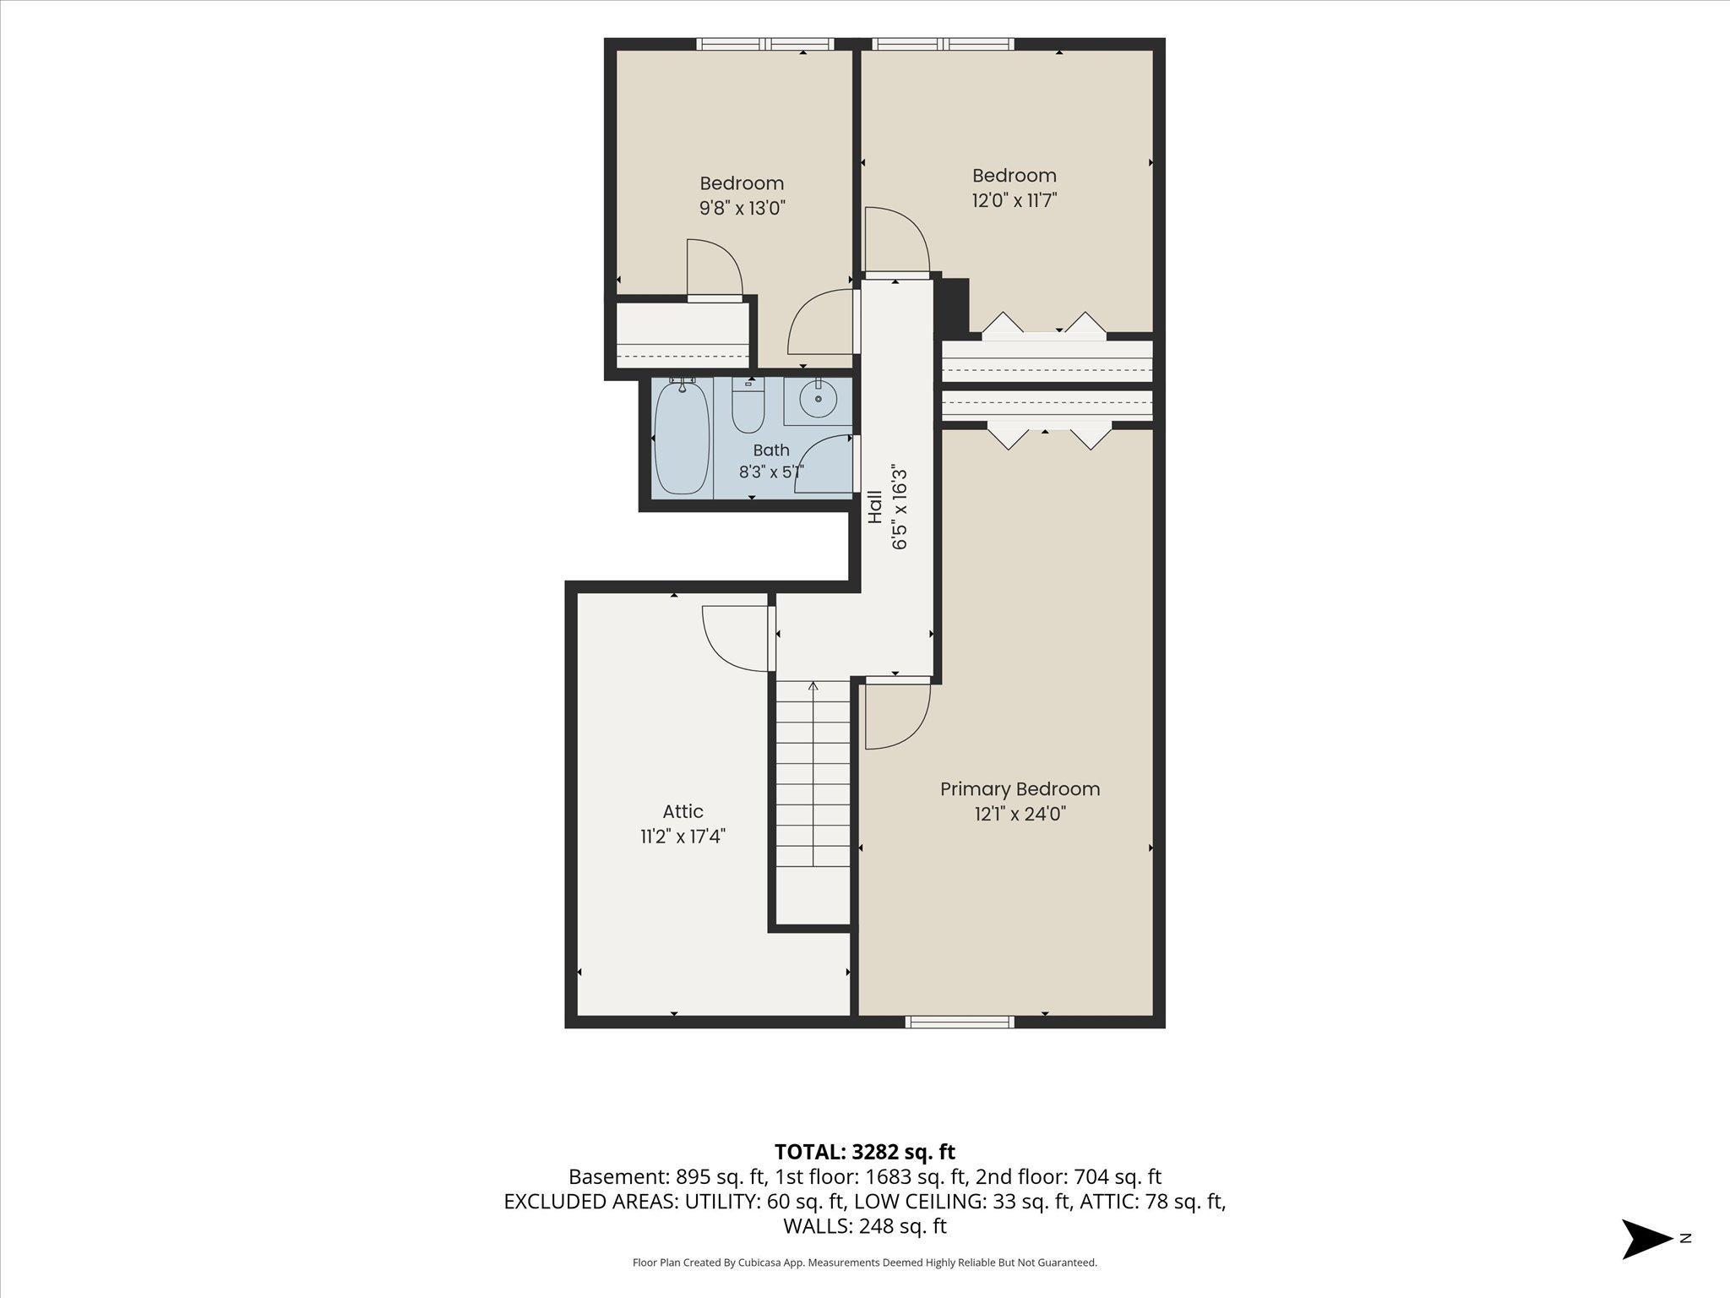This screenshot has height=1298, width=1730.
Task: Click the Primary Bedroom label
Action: point(1020,788)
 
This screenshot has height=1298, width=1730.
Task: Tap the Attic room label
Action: point(683,811)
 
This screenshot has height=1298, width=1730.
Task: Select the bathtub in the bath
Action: point(683,438)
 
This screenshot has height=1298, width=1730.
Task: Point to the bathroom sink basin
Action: point(817,400)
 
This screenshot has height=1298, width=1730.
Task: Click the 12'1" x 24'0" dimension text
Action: point(1020,814)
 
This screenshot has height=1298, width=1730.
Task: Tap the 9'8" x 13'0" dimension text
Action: point(743,208)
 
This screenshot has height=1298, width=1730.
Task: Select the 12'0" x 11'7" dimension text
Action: point(1015,200)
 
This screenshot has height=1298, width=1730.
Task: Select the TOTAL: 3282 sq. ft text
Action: point(864,1151)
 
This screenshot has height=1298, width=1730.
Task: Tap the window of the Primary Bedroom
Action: point(959,1022)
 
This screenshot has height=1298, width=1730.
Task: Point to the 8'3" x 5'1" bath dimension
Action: point(771,472)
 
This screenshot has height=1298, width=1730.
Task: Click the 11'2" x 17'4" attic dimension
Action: point(683,837)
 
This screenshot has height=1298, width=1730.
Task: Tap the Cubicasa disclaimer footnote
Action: point(864,1263)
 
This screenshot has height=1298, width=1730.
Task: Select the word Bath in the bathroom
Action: point(771,450)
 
